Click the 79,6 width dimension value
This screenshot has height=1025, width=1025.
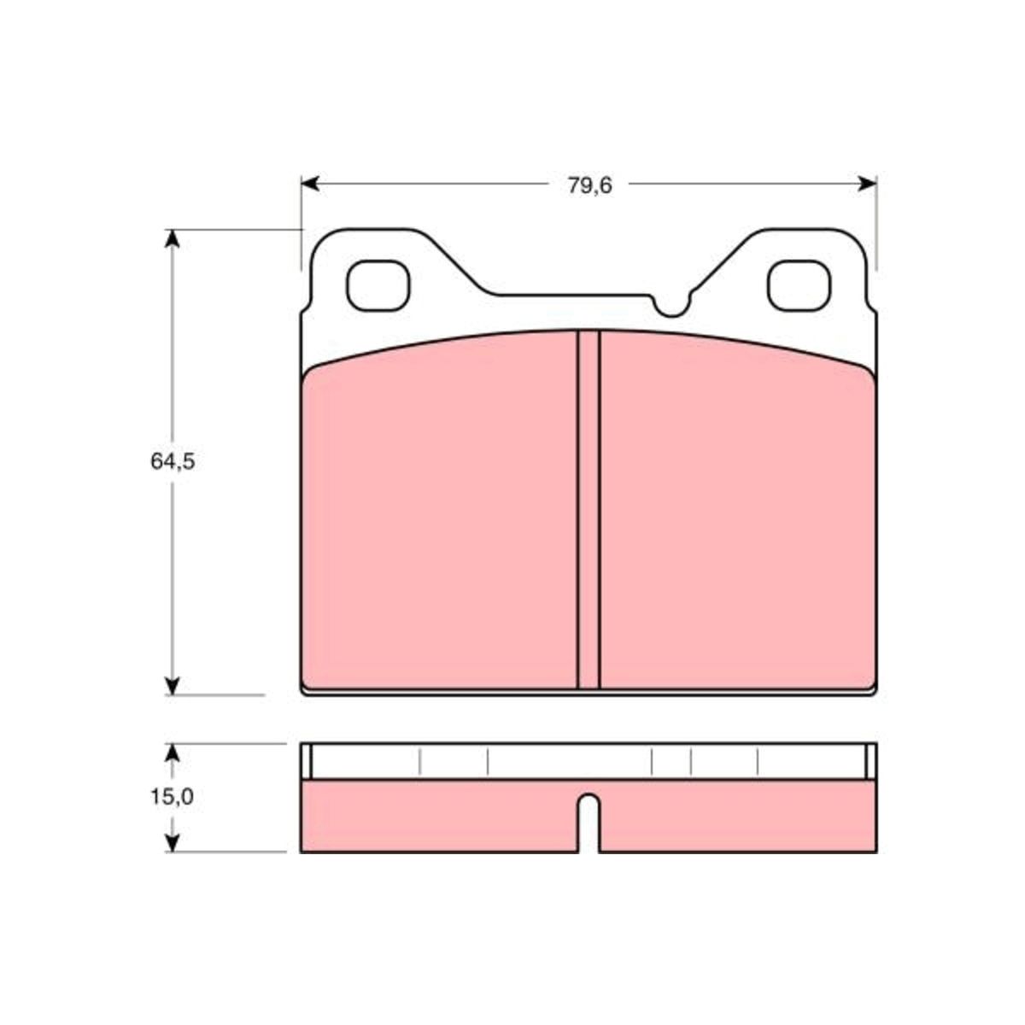click(x=590, y=185)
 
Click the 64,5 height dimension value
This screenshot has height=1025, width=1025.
click(x=173, y=461)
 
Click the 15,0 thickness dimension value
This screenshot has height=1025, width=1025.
click(x=172, y=811)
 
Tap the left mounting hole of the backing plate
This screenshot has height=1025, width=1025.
click(x=378, y=285)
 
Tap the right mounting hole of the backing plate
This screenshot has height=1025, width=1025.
click(x=799, y=285)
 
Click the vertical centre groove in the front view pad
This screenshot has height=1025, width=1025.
click(x=589, y=510)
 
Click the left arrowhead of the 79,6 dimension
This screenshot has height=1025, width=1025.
click(x=310, y=184)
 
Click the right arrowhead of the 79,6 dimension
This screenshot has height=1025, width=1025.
click(x=868, y=184)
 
